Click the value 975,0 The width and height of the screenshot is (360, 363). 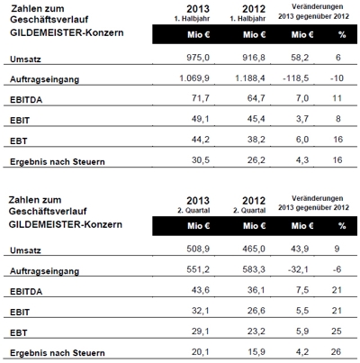pyautogui.click(x=198, y=58)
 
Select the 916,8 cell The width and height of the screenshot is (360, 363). pyautogui.click(x=254, y=58)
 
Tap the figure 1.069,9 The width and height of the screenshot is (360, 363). pyautogui.click(x=194, y=78)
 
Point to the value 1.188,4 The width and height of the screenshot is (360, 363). pyautogui.click(x=250, y=78)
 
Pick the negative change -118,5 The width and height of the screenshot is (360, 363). pyautogui.click(x=296, y=78)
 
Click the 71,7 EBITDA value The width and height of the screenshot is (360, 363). pyautogui.click(x=201, y=98)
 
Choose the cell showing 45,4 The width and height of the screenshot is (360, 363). pyautogui.click(x=256, y=119)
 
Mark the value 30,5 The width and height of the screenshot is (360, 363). pyautogui.click(x=201, y=160)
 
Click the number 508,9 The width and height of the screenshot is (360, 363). pyautogui.click(x=198, y=249)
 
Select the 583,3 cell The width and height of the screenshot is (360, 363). pyautogui.click(x=254, y=269)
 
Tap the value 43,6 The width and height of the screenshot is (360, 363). pyautogui.click(x=201, y=290)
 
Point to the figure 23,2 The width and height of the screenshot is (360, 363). pyautogui.click(x=256, y=331)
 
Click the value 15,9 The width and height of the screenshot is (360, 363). pyautogui.click(x=256, y=351)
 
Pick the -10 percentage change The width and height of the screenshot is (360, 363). pyautogui.click(x=337, y=78)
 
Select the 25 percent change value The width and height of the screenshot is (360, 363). pyautogui.click(x=337, y=331)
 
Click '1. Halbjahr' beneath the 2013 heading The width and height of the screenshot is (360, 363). pyautogui.click(x=192, y=19)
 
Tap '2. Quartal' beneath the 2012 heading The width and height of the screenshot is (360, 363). pyautogui.click(x=249, y=211)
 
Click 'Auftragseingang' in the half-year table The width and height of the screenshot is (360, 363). pyautogui.click(x=45, y=79)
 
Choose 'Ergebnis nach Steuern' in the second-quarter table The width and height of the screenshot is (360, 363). pyautogui.click(x=58, y=353)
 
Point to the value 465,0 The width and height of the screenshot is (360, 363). pyautogui.click(x=254, y=249)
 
